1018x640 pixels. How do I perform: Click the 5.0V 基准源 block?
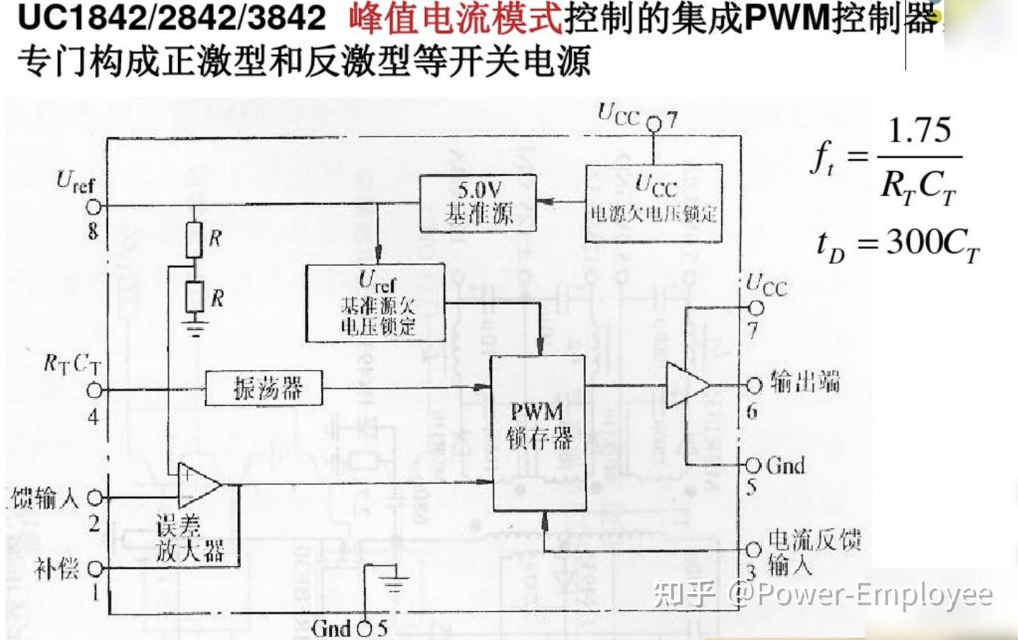pos(479,203)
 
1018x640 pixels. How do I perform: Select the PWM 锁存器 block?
pos(539,433)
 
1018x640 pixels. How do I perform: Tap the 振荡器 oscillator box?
pos(264,388)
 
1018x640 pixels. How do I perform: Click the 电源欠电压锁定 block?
pos(653,203)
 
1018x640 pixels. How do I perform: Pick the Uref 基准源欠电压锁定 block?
pos(375,303)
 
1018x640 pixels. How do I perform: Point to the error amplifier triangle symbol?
pos(198,484)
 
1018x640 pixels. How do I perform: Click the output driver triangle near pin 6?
pos(686,385)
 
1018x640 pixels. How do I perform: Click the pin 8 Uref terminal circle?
pos(94,206)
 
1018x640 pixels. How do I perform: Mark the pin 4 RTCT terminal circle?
pos(94,390)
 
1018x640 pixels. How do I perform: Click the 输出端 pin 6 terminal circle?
pos(754,385)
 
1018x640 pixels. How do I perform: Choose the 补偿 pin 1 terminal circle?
pos(95,569)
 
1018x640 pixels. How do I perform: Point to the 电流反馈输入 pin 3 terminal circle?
pos(754,549)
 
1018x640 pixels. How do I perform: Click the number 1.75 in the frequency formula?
pos(919,131)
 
